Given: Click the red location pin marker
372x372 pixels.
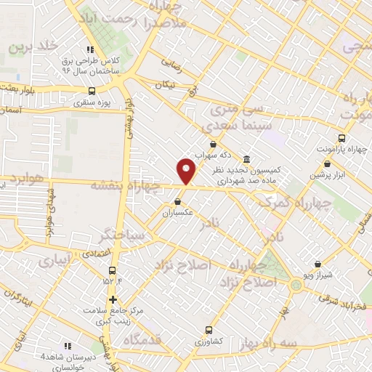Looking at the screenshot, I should pos(186,170).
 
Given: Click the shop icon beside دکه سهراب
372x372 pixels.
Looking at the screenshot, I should pos(213,144).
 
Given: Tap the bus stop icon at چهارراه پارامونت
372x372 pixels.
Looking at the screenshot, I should pos(341,137).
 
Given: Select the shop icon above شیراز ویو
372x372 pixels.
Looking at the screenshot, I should pos(318,264).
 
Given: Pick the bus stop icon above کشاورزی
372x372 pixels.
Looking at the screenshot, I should pos(209,329).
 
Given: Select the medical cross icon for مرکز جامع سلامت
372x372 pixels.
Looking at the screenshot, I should pos(113,299).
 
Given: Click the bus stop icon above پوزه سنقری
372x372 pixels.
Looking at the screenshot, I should pos(91,92).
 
